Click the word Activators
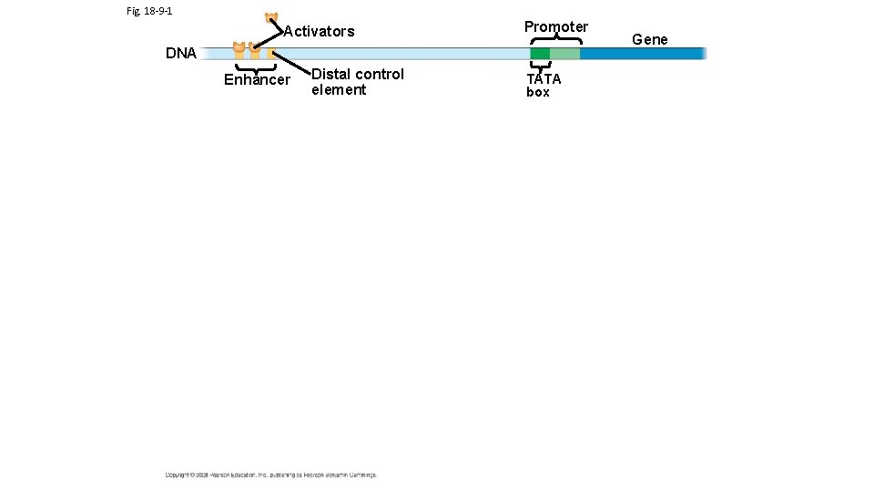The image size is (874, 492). click(319, 32)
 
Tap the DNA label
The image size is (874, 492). click(180, 54)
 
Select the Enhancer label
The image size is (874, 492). click(257, 80)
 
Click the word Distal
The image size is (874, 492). click(331, 74)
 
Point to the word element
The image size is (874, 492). click(339, 90)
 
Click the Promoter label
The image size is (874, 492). click(555, 26)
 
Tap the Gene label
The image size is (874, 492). click(649, 39)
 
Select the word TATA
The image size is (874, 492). click(544, 79)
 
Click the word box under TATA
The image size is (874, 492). click(538, 93)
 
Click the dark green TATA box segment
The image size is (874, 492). click(540, 54)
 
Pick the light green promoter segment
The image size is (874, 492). click(564, 54)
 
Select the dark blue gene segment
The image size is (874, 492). click(642, 54)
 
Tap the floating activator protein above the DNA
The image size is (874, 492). click(270, 17)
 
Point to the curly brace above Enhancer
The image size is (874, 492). click(256, 67)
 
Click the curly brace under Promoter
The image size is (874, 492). click(555, 38)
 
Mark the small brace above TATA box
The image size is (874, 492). click(540, 66)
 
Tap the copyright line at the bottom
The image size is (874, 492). click(270, 475)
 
